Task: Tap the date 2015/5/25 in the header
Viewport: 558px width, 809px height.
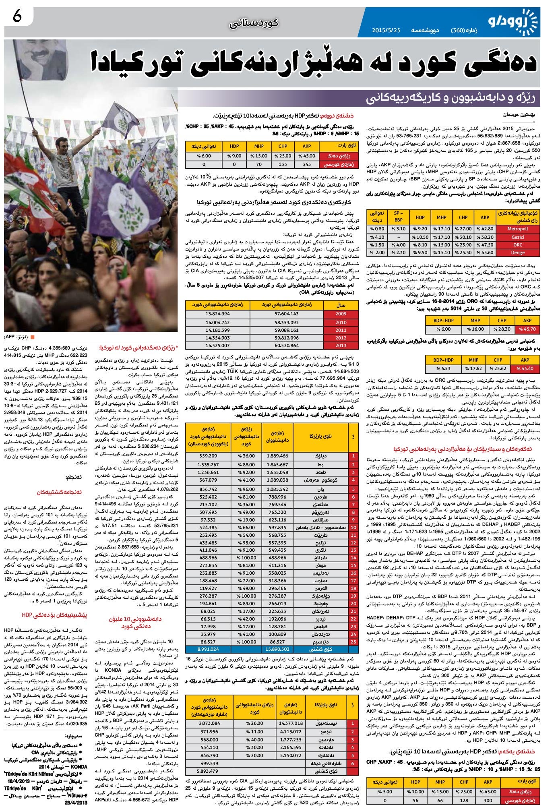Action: pos(386,30)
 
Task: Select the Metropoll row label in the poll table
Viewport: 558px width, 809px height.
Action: pos(517,229)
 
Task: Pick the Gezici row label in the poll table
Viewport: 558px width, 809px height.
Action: pos(517,237)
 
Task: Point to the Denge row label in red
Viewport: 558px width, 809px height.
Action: pos(517,253)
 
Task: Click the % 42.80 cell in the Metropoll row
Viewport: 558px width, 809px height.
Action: pos(485,229)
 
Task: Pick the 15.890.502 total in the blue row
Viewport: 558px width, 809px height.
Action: pos(277,649)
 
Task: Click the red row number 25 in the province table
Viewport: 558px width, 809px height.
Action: pos(353,641)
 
